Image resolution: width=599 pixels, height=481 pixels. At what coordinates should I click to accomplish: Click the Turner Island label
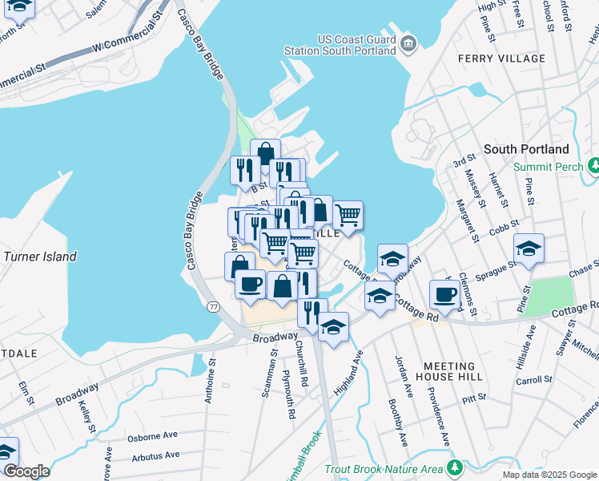click(x=40, y=257)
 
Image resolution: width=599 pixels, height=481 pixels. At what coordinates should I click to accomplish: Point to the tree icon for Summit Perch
click(x=593, y=167)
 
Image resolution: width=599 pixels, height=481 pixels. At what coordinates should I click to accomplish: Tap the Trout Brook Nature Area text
click(x=384, y=468)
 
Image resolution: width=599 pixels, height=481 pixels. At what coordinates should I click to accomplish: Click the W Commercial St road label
click(x=131, y=34)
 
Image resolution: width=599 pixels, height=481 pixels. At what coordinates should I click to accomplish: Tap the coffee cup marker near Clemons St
click(x=444, y=294)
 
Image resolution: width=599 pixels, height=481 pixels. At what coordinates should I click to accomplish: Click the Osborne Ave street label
click(x=152, y=438)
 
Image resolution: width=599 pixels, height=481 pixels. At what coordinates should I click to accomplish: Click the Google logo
click(x=26, y=471)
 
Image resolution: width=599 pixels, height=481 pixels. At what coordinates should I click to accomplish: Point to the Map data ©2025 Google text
click(x=549, y=475)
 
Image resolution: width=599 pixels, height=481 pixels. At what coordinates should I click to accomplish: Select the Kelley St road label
click(x=86, y=418)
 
